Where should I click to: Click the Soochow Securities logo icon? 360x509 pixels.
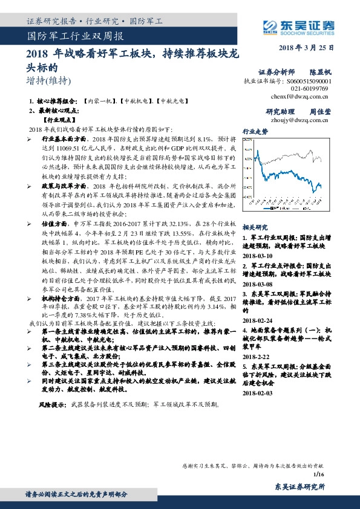(269, 25)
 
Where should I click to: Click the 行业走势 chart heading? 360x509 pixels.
(255, 131)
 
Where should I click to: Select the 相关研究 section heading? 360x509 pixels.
(255, 227)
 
